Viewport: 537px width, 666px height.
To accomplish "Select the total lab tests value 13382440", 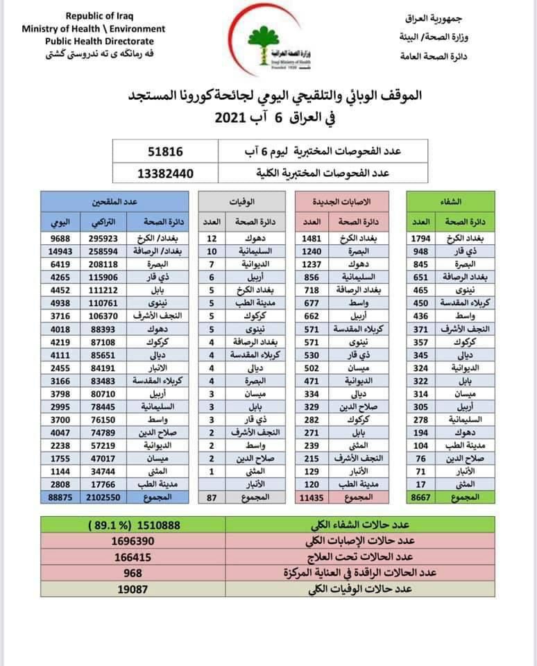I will pos(166,173).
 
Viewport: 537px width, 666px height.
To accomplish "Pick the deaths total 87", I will pos(212,497).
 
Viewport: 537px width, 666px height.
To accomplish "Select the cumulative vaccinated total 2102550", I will pos(104,497).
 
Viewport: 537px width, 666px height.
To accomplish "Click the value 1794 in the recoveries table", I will pos(421,240).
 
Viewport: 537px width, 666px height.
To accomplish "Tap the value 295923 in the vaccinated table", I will pos(104,240).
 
